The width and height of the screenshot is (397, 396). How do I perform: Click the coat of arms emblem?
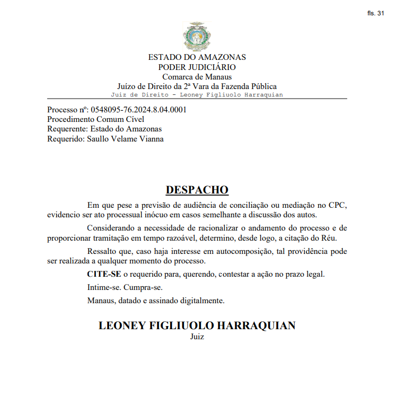click(x=197, y=37)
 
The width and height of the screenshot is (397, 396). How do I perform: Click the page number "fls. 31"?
click(x=375, y=13)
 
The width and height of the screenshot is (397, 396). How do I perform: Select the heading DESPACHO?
click(x=197, y=190)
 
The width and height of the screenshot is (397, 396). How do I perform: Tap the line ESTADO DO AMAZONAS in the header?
click(x=197, y=57)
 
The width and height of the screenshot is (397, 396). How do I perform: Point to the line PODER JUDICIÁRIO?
click(x=197, y=67)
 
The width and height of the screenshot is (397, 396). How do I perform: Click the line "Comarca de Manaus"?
click(x=197, y=77)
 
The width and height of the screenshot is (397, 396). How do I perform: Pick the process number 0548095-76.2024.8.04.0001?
click(x=139, y=110)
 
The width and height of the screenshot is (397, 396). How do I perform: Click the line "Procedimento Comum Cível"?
click(x=89, y=119)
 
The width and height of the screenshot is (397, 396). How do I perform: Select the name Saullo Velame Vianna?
click(x=125, y=139)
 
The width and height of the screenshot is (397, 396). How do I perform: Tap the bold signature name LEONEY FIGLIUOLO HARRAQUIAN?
click(x=197, y=325)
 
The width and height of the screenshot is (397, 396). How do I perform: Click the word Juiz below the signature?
click(x=197, y=336)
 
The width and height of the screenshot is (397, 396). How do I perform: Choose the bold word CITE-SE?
click(x=104, y=274)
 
